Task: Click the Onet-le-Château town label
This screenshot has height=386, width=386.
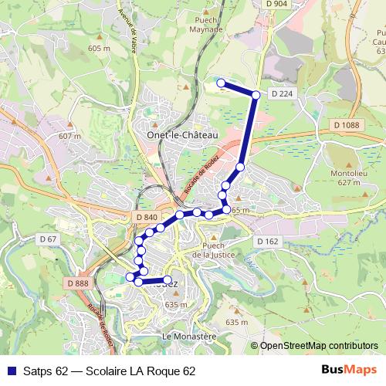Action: point(182,134)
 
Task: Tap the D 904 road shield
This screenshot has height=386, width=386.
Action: point(276,4)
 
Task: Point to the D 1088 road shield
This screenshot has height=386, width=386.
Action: point(347,125)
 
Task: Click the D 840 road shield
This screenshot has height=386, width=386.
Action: point(146,218)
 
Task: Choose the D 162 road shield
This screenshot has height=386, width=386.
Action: point(267,242)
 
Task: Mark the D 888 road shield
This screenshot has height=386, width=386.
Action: point(78,283)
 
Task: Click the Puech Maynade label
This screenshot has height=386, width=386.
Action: point(206,25)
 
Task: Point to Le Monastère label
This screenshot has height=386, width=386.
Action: point(188,337)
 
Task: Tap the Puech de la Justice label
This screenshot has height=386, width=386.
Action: point(218,250)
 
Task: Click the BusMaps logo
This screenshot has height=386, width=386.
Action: point(349,371)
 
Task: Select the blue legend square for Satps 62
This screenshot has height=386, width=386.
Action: point(10,371)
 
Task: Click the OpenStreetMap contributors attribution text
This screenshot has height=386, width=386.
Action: point(319,346)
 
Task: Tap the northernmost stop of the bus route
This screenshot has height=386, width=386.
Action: point(221,83)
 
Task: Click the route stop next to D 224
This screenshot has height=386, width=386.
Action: point(256,95)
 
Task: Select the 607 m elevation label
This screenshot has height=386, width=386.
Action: point(69,136)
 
